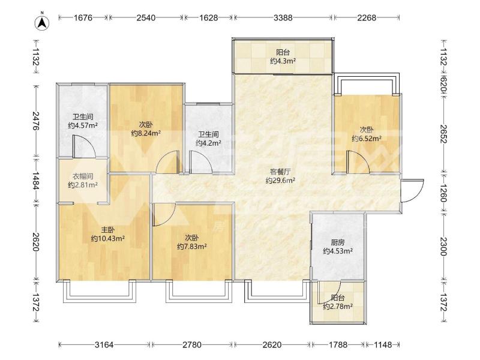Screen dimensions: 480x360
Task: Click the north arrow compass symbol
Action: point(43,22)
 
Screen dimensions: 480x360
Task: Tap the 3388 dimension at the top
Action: point(283,18)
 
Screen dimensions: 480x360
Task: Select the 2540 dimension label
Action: point(146,18)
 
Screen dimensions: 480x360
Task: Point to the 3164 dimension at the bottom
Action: point(104,345)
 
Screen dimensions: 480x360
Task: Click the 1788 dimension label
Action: point(338,345)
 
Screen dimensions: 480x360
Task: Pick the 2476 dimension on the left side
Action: point(36,121)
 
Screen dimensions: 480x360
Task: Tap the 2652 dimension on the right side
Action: point(444,134)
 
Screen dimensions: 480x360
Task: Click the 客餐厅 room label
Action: point(280,172)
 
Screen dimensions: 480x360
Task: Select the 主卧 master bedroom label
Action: point(108,230)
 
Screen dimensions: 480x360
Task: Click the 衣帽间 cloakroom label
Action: point(83,176)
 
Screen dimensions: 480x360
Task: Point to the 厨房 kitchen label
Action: point(338,242)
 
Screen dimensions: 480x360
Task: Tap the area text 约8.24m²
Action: point(146,133)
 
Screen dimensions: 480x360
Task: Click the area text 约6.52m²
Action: point(367,139)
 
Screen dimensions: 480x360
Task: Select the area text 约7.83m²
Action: point(191,246)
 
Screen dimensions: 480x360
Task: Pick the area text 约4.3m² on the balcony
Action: point(283,61)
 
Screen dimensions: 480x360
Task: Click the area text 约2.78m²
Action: point(338,306)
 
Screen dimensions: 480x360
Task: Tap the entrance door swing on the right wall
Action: point(412,191)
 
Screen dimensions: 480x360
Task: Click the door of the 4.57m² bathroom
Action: point(85,147)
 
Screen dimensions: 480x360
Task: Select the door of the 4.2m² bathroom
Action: point(201,162)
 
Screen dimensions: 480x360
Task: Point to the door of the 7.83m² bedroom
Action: point(164,214)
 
